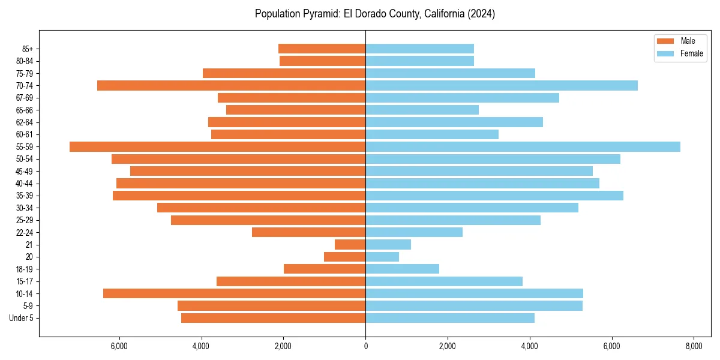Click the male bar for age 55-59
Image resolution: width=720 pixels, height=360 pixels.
pyautogui.click(x=217, y=146)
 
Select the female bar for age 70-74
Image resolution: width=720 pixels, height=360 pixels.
pyautogui.click(x=501, y=86)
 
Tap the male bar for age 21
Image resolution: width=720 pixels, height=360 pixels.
pyautogui.click(x=350, y=244)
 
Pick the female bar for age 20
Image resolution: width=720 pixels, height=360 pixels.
pyautogui.click(x=382, y=257)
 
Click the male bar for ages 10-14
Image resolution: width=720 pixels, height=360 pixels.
pyautogui.click(x=234, y=293)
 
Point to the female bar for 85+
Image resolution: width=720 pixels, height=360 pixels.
pyautogui.click(x=419, y=49)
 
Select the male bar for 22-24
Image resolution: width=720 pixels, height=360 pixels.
pyautogui.click(x=308, y=232)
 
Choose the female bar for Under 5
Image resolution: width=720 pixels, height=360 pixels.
pyautogui.click(x=449, y=318)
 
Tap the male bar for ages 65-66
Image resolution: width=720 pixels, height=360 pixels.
pyautogui.click(x=296, y=110)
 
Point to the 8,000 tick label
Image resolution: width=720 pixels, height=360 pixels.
pyautogui.click(x=694, y=346)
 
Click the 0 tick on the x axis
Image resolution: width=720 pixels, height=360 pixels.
pyautogui.click(x=365, y=346)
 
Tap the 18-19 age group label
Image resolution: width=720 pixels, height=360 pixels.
pyautogui.click(x=24, y=269)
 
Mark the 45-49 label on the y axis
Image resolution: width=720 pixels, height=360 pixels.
pyautogui.click(x=24, y=171)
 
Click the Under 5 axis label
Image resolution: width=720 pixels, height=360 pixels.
pyautogui.click(x=22, y=318)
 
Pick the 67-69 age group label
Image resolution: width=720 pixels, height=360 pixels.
pyautogui.click(x=24, y=98)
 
